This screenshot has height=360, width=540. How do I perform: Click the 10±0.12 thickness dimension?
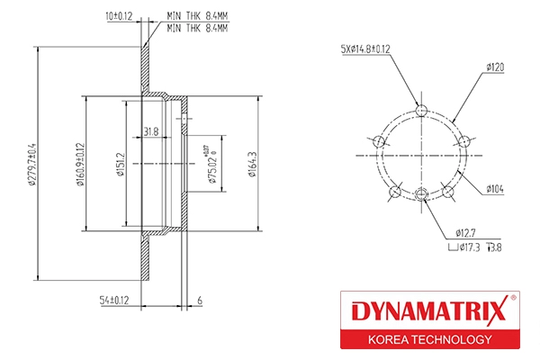point(119,16)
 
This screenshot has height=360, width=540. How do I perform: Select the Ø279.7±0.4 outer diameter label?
point(32,165)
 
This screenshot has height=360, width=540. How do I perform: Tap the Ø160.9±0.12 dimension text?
point(80,165)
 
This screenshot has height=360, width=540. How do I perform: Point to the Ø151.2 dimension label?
point(121,165)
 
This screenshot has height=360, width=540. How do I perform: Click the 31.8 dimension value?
point(151,131)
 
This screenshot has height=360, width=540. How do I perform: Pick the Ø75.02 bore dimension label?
point(212,165)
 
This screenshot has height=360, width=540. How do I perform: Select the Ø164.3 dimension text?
point(252,165)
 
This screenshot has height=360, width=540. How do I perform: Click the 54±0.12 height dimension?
point(114,300)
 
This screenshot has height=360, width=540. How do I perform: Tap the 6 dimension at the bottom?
point(200,301)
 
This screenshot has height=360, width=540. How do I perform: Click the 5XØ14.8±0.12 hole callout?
point(365,49)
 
